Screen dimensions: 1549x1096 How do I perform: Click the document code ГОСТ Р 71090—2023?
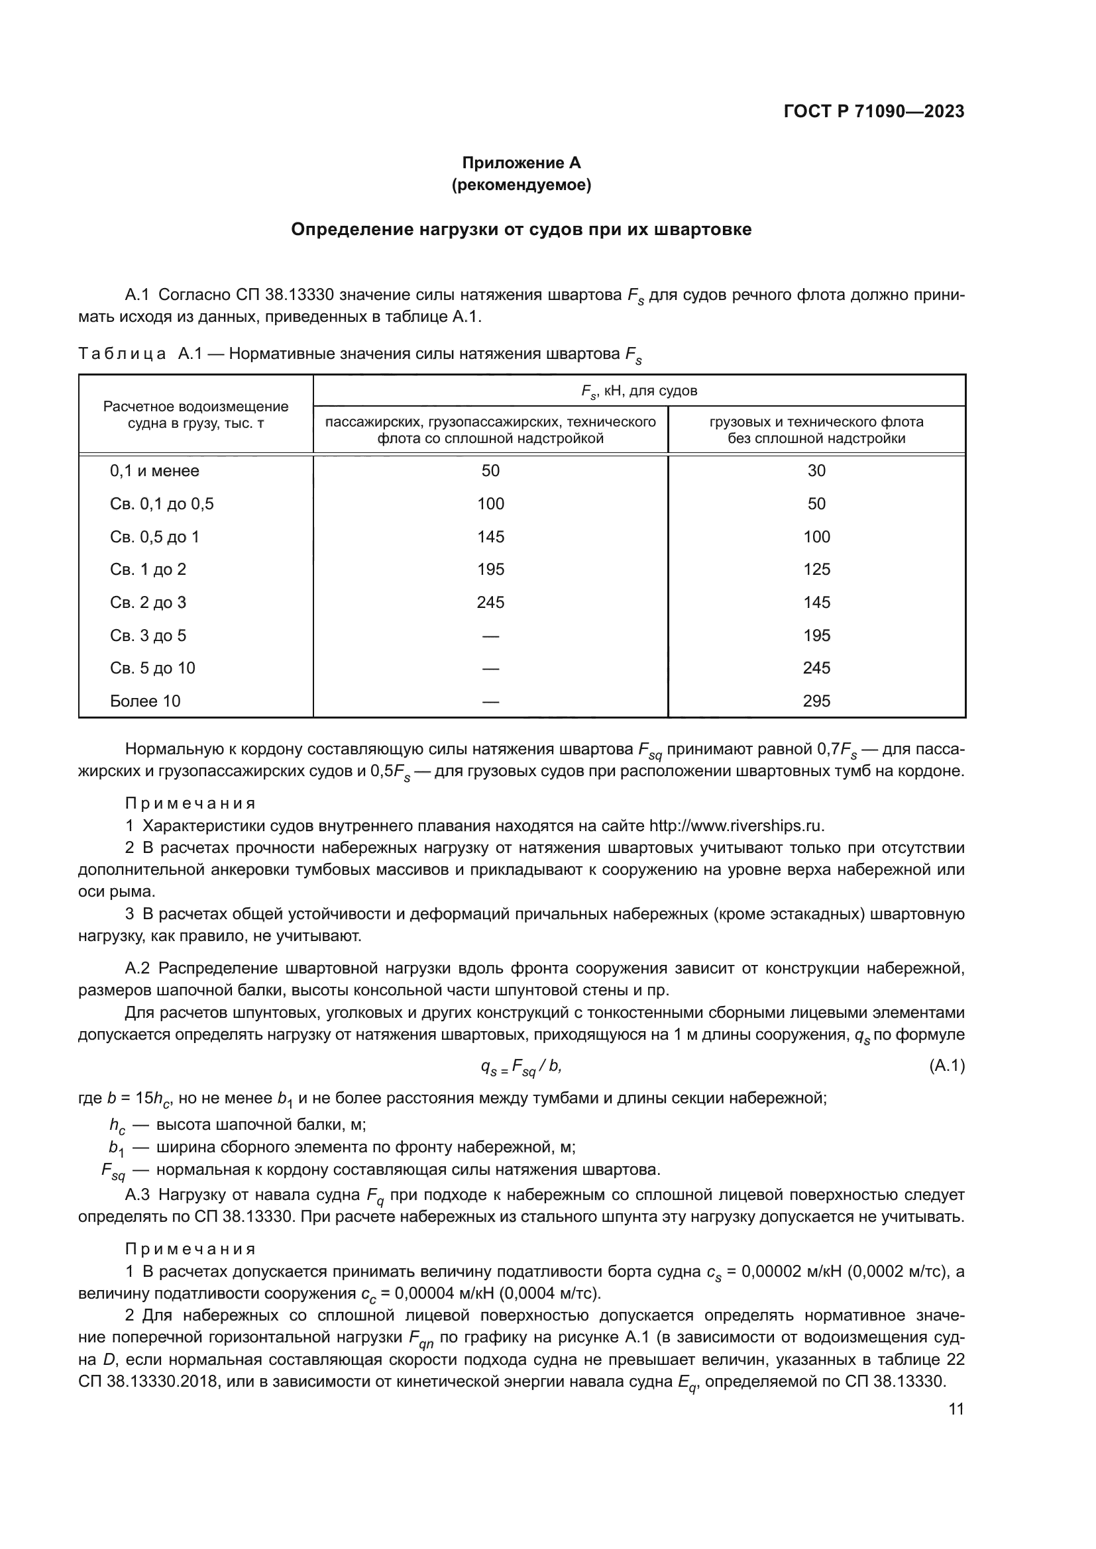874,112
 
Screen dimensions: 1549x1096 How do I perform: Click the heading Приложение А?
521,163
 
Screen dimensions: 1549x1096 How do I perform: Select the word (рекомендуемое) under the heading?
521,185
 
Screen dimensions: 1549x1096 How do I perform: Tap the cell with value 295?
816,701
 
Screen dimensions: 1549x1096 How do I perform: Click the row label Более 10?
145,701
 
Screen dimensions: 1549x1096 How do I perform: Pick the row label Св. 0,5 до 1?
154,537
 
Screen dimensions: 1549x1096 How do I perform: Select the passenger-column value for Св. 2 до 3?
490,603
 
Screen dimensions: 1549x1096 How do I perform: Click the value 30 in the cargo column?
816,471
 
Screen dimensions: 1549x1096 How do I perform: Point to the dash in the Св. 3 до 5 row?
490,636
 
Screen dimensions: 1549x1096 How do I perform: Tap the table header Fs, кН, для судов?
638,391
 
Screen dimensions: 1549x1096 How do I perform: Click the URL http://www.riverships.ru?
736,826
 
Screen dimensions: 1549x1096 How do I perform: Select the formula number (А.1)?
947,1066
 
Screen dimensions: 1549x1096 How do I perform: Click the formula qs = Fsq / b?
520,1067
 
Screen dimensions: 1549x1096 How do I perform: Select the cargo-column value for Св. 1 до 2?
816,570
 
